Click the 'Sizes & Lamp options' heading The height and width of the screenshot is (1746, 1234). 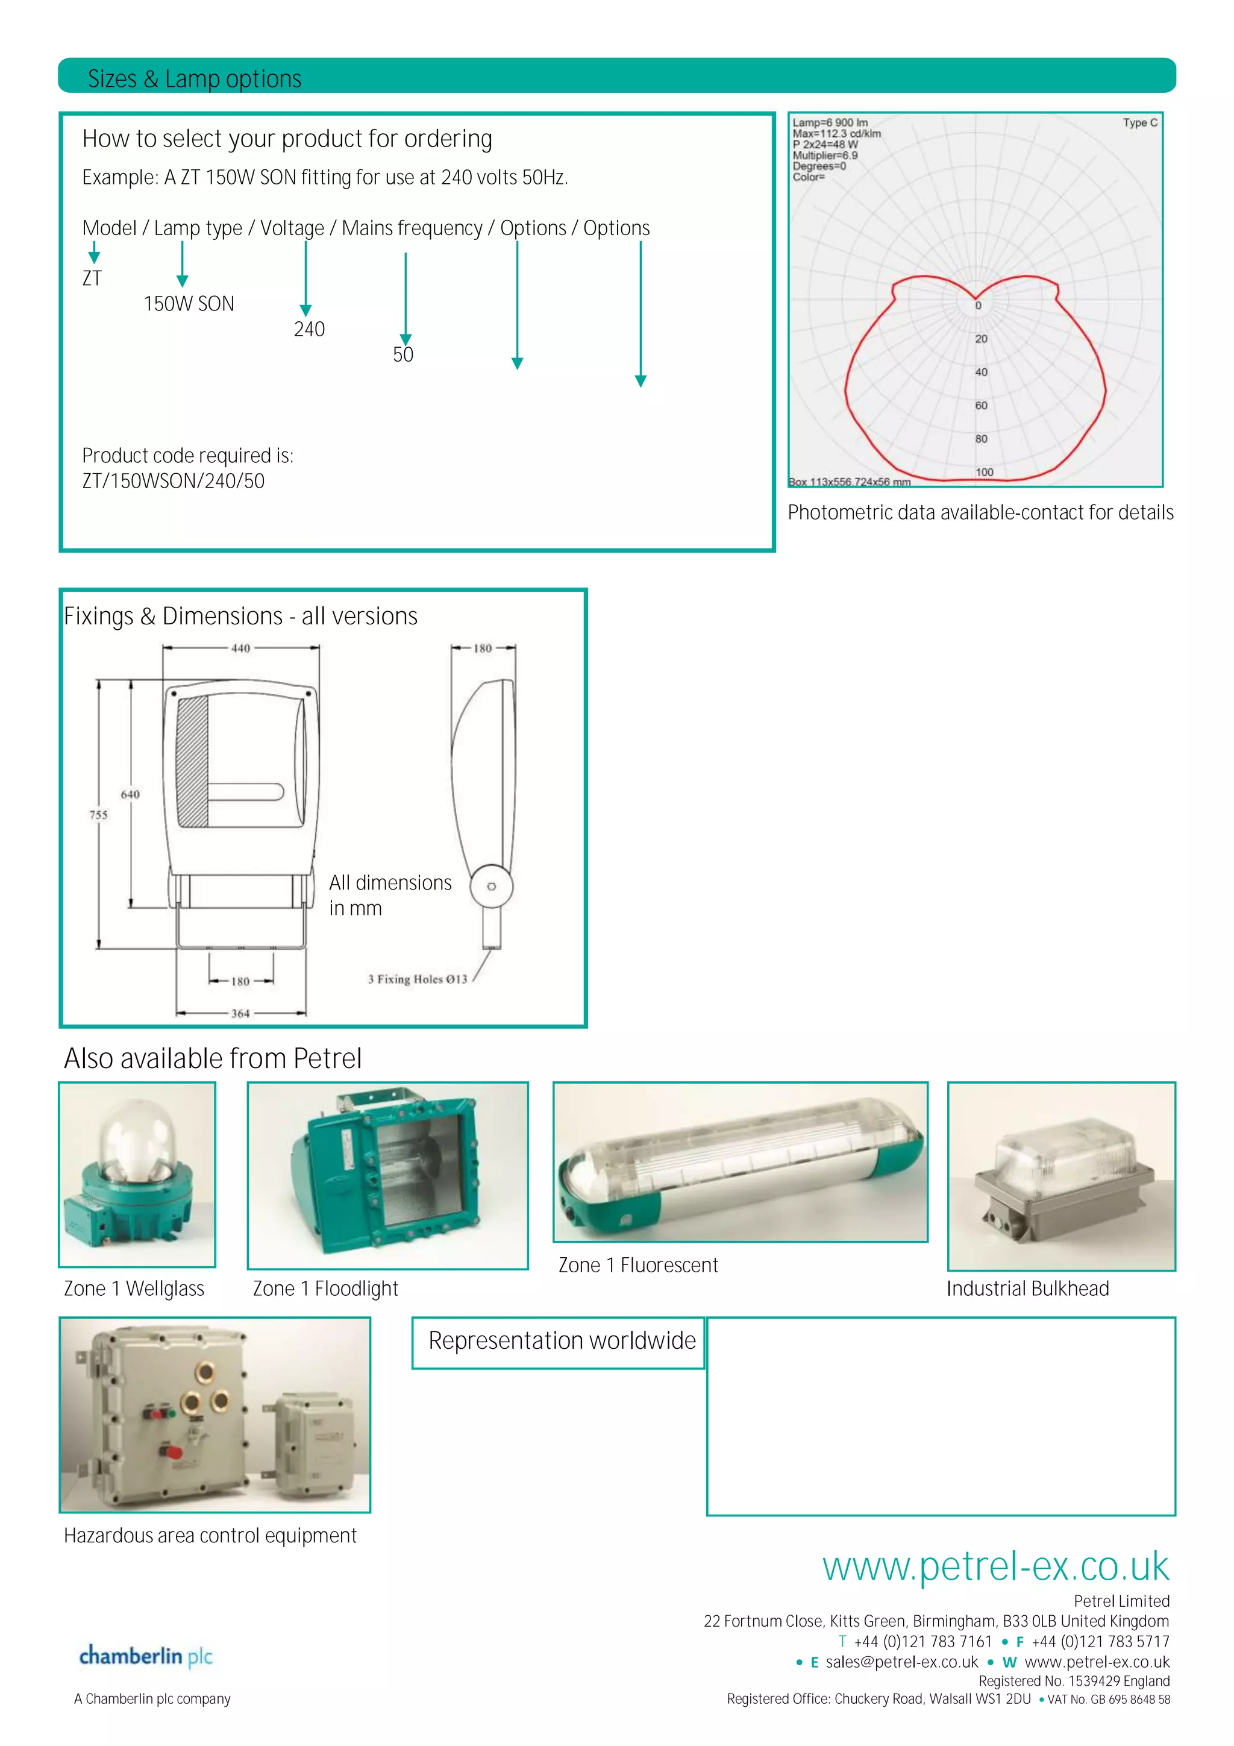pyautogui.click(x=195, y=78)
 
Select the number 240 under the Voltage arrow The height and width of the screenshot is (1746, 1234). pyautogui.click(x=308, y=329)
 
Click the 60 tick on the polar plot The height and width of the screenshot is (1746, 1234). pyautogui.click(x=981, y=406)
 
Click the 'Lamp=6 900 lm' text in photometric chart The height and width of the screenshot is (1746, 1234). pyautogui.click(x=830, y=122)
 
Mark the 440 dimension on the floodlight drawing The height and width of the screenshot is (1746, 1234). pyautogui.click(x=240, y=648)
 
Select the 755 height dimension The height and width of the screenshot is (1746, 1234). pyautogui.click(x=98, y=814)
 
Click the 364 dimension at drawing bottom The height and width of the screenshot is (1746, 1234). pyautogui.click(x=240, y=1013)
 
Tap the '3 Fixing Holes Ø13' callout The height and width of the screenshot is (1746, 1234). pyautogui.click(x=418, y=979)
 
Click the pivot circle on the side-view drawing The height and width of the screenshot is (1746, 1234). pyautogui.click(x=491, y=886)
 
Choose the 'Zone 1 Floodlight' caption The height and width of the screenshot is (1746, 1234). pyautogui.click(x=325, y=1288)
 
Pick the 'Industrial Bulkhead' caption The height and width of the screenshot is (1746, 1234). pyautogui.click(x=1027, y=1288)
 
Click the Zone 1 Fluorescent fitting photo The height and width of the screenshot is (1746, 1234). pyautogui.click(x=739, y=1162)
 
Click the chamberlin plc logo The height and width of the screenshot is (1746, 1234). pyautogui.click(x=145, y=1656)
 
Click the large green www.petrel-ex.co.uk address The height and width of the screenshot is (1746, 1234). pyautogui.click(x=995, y=1566)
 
